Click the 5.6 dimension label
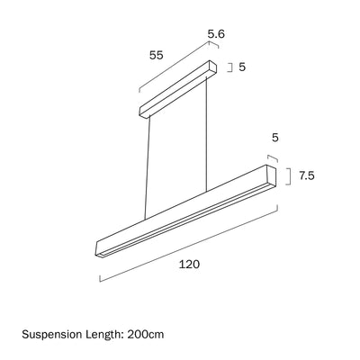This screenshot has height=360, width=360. click(216, 34)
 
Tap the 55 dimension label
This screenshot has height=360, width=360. click(157, 55)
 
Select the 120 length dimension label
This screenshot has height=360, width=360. click(189, 265)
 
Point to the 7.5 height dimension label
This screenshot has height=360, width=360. click(307, 175)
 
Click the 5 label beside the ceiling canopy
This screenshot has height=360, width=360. click(242, 67)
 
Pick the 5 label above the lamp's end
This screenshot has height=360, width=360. click(275, 138)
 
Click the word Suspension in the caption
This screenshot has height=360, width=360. click(51, 334)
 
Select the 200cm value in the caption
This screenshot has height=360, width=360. click(146, 334)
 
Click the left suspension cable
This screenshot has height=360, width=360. click(147, 168)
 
